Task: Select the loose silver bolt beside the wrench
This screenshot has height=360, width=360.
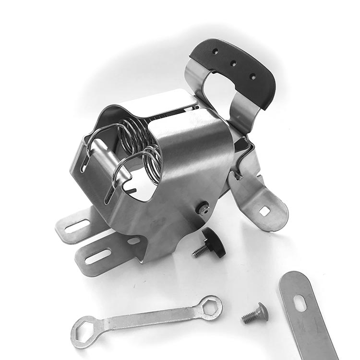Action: (x=254, y=314)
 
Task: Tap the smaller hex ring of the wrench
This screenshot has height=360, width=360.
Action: (x=211, y=307)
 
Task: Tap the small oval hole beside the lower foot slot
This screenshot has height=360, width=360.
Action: (x=134, y=240)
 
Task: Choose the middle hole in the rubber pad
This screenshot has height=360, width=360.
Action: (x=233, y=63)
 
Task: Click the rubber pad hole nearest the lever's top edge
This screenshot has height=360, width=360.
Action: (x=214, y=50)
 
